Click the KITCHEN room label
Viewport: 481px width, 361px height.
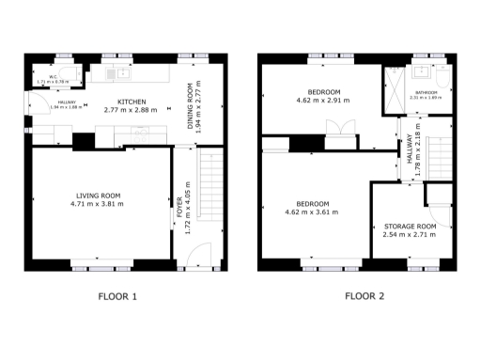[x=131, y=102]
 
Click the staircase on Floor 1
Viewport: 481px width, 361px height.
[x=211, y=188]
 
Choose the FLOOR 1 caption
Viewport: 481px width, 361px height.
[x=118, y=297]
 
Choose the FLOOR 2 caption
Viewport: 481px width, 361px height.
[x=364, y=297]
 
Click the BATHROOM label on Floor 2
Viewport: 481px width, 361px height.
[x=429, y=92]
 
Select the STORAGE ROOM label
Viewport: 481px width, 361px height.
[x=411, y=227]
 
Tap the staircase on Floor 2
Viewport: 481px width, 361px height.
[x=439, y=155]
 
